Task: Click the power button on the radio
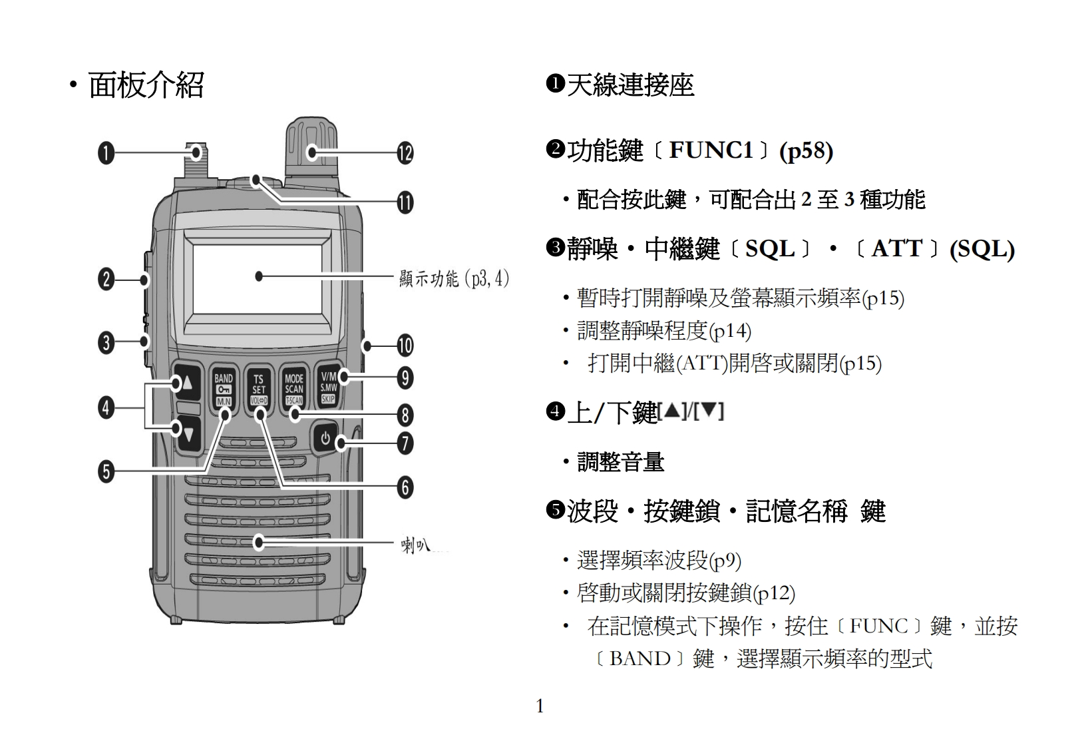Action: click(325, 439)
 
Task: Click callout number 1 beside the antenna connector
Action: click(106, 153)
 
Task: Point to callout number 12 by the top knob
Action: click(405, 153)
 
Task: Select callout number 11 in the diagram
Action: click(405, 202)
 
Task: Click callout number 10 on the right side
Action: click(405, 346)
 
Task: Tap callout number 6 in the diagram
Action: click(405, 488)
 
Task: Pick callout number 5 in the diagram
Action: click(106, 472)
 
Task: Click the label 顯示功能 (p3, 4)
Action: click(454, 278)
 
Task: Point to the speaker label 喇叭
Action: click(416, 546)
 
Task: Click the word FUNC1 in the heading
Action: click(711, 150)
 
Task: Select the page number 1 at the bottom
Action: click(540, 706)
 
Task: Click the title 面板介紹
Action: click(146, 85)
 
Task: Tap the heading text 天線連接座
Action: click(630, 85)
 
